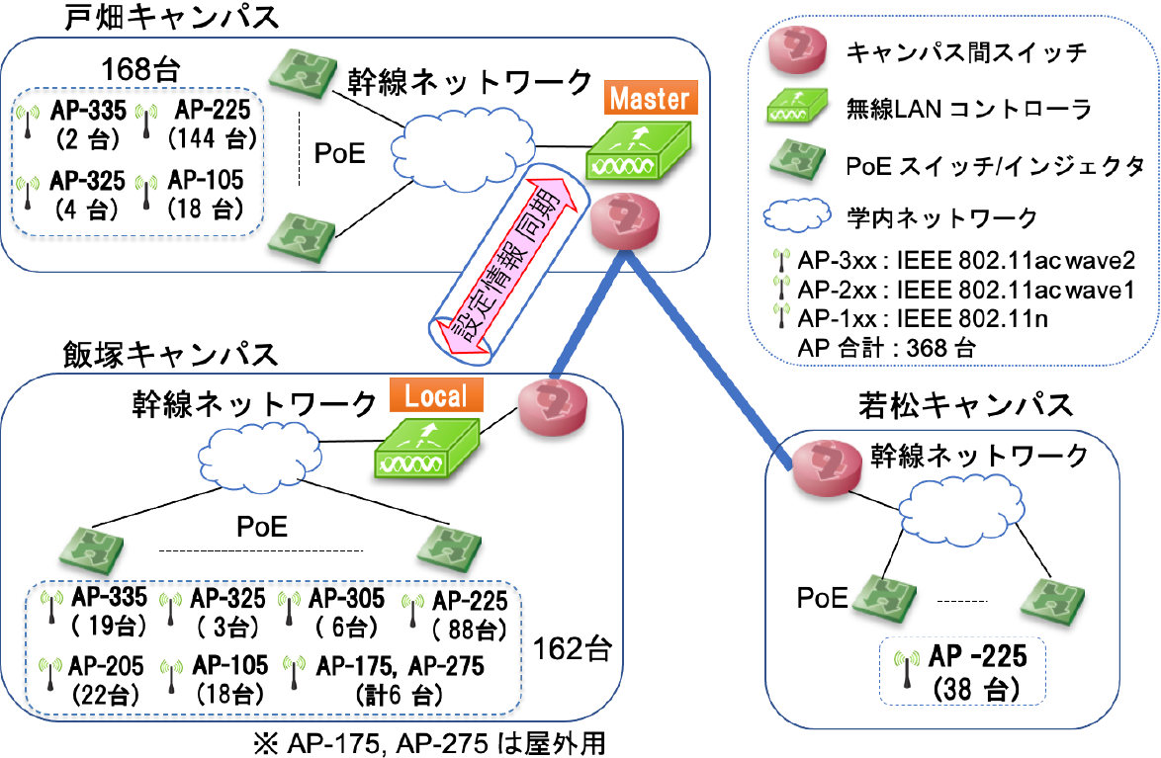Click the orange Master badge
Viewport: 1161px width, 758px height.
point(648,100)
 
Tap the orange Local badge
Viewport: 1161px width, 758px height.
point(436,396)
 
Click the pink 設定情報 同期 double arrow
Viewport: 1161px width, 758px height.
point(504,262)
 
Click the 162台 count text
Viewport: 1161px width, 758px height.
point(573,649)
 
